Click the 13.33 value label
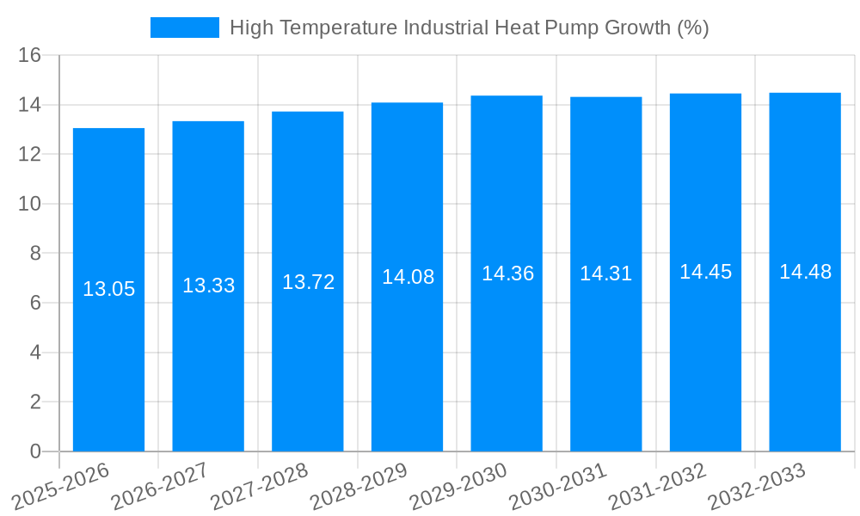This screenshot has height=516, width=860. [208, 286]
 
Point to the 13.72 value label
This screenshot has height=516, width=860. [308, 282]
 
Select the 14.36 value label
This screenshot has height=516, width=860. [507, 273]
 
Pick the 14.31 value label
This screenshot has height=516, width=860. [605, 273]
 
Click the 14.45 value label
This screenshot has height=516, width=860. [705, 272]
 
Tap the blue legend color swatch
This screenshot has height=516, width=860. [184, 28]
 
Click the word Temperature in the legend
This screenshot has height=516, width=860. [342, 28]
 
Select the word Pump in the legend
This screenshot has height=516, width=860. [574, 28]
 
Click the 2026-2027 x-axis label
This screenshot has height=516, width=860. [160, 486]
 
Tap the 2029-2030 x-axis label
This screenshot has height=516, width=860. [458, 486]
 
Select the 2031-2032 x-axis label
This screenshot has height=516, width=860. [658, 486]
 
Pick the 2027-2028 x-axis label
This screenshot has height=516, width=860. [260, 486]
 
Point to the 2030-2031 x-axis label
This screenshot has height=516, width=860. [558, 486]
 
